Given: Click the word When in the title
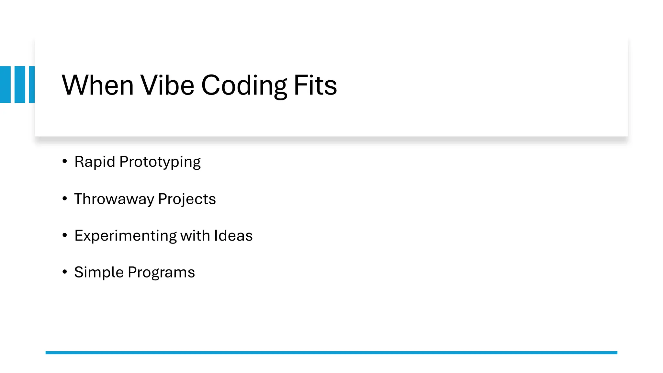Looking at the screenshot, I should point(97,85).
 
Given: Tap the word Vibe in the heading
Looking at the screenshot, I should point(167,85).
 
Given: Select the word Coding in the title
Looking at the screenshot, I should point(244,86).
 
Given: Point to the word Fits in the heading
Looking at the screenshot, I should point(315,85).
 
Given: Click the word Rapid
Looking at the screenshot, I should point(95,162).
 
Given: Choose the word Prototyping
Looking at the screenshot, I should point(160,162).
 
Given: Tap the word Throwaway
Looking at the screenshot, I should point(114,199).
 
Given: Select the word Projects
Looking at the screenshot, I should point(187,199).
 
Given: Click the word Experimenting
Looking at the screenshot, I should point(125,236).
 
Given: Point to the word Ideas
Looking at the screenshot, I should point(233,236).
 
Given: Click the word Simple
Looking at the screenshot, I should point(99,273).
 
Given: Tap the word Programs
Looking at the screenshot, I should point(161,273).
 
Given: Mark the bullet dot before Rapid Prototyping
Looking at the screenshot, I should point(65,161).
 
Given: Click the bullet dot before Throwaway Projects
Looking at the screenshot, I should point(65,198).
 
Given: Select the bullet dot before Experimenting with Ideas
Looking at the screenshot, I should point(65,235).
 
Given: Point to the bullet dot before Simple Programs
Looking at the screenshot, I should point(65,272).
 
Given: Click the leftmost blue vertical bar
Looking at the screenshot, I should point(5,85).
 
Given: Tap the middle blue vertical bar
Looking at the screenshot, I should point(20,85).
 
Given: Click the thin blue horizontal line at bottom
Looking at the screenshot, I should point(331,353).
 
